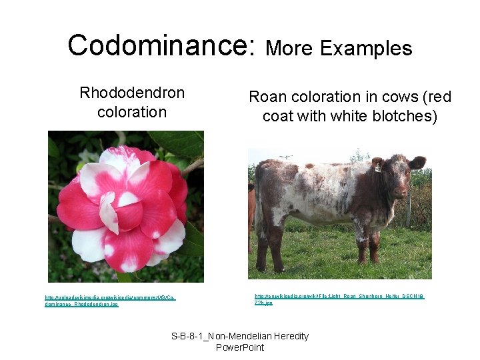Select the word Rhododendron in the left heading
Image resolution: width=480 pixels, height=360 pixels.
[132, 92]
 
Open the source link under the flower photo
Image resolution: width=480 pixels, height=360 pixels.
[110, 301]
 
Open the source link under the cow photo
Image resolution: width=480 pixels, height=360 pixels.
[339, 299]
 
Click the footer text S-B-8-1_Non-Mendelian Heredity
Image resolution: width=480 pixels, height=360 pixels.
[240, 336]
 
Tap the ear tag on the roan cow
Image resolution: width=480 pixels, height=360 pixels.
[397, 169]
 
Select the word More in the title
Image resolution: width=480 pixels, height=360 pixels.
[289, 48]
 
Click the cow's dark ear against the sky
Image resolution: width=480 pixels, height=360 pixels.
[417, 162]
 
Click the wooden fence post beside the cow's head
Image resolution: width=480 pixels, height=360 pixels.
[408, 207]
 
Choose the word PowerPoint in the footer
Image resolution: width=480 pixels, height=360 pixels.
[240, 347]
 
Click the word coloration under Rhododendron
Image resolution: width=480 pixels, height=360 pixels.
[132, 111]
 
